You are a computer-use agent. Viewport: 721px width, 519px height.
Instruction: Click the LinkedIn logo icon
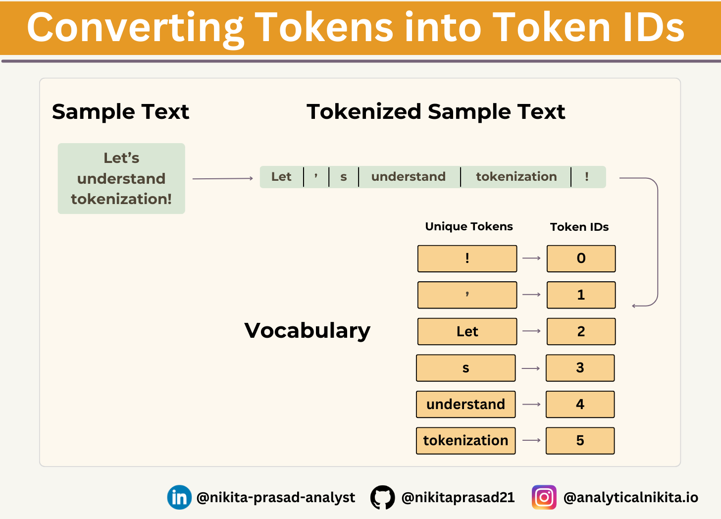point(179,497)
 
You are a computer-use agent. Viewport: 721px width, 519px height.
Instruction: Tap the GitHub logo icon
point(382,497)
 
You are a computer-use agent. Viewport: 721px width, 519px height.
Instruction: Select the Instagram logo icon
point(544,497)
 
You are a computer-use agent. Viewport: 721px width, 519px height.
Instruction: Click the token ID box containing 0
point(581,259)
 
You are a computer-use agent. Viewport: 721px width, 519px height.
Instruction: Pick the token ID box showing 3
point(580,368)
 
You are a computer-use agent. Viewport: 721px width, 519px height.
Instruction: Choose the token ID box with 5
point(580,441)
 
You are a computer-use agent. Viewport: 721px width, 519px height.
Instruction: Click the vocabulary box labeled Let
point(467,332)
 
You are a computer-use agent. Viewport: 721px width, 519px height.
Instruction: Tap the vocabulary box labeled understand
point(466,405)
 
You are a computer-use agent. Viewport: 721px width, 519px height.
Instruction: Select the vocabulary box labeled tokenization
point(466,441)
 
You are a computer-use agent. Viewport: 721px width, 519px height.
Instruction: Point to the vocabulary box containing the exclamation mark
point(467,259)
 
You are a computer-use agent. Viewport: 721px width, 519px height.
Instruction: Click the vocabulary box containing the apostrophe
point(467,295)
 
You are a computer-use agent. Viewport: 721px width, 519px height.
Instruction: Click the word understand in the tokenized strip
point(409,177)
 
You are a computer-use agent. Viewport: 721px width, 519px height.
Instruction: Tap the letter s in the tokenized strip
point(344,177)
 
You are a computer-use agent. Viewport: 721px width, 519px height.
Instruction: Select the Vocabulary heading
point(308,331)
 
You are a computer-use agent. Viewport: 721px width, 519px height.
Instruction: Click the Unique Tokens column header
point(469,227)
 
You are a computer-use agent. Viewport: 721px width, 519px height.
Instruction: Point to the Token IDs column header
point(579,227)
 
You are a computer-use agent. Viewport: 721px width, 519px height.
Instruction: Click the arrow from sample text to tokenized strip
point(223,178)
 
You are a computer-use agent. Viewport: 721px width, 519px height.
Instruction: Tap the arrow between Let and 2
point(531,331)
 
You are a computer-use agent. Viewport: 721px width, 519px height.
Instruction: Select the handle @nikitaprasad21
point(458,498)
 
